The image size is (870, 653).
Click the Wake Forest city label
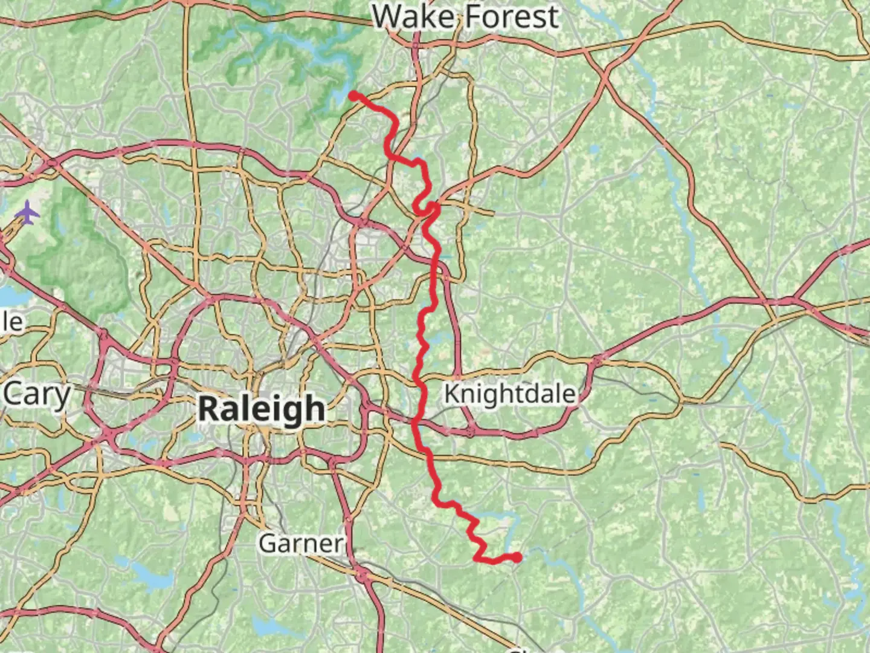pos(465,17)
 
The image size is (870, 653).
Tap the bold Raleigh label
pos(262,409)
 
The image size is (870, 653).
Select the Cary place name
pos(37,395)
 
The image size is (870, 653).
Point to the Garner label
pos(301,543)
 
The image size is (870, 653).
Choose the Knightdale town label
pos(510,394)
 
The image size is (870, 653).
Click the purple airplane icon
pos(28,212)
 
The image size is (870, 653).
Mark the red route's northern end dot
pos(353,96)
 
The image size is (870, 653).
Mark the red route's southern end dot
pos(518,557)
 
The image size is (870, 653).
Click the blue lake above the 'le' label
pos(12,297)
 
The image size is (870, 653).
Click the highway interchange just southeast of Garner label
pos(362,574)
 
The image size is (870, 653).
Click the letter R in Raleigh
pos(208,409)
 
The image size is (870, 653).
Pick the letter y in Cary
pos(62,398)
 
